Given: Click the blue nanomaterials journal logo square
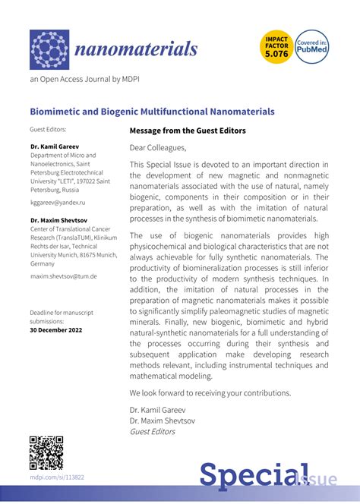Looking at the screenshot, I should point(49,49).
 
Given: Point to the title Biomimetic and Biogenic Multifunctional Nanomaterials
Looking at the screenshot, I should point(152,112).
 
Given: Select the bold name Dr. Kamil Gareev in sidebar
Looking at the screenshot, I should point(55,146).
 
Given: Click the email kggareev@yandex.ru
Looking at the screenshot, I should point(58,203).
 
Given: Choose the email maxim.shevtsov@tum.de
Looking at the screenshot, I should point(63,276).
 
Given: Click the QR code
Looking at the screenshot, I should point(46,453).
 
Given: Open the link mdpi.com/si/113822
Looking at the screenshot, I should point(57,477).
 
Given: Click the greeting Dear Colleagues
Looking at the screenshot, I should point(157,147).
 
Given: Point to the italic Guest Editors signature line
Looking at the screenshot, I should point(152,432).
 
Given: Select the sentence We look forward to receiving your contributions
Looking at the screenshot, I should point(210,393).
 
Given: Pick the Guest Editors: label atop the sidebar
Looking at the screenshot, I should point(48,130).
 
